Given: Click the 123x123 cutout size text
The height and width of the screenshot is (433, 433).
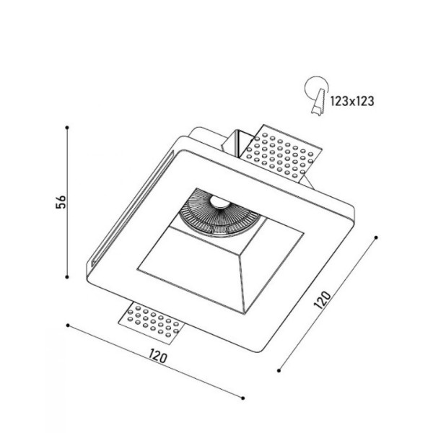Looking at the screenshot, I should point(353,101).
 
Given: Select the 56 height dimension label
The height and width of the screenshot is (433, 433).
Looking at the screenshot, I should point(61,202).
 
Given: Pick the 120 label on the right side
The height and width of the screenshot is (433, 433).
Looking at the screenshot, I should point(324,301).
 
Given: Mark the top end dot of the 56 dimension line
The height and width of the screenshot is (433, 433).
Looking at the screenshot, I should point(67,127).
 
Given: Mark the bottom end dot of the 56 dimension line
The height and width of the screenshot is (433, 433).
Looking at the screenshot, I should point(67,277).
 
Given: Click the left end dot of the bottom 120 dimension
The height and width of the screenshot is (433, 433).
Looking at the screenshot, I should point(67,326).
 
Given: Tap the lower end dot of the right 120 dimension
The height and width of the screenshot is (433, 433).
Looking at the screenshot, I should point(279,370).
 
